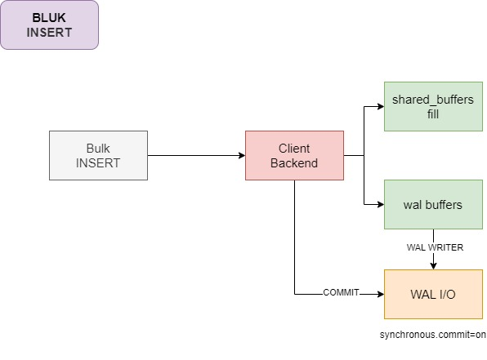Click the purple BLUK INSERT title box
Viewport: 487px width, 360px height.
[x=49, y=24]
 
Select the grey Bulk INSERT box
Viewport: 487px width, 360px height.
[x=98, y=155]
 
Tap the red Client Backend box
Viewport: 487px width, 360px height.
[x=294, y=155]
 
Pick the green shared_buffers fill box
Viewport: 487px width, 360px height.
[x=433, y=106]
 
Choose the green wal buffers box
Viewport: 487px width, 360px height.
[x=433, y=205]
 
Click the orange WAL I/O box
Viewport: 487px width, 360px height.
[x=433, y=294]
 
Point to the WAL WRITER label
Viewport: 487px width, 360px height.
[x=435, y=247]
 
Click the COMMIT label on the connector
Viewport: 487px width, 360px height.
[x=341, y=292]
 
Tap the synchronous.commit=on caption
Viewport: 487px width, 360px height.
[x=432, y=335]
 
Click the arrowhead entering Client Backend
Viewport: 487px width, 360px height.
[x=242, y=155]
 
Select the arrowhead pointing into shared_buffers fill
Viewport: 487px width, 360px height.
[x=381, y=106]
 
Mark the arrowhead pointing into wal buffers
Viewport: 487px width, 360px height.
[x=381, y=205]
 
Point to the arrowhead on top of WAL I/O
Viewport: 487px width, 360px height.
[x=434, y=266]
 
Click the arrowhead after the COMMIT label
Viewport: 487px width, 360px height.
[x=381, y=294]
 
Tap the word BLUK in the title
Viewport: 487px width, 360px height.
[x=49, y=18]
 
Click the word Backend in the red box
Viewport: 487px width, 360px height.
[x=294, y=163]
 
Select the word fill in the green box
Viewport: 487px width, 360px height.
[x=433, y=114]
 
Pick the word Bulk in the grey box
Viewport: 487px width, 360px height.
[x=98, y=149]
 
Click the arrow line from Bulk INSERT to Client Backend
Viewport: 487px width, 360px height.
[x=197, y=155]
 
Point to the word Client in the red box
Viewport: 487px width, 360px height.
[x=294, y=149]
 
